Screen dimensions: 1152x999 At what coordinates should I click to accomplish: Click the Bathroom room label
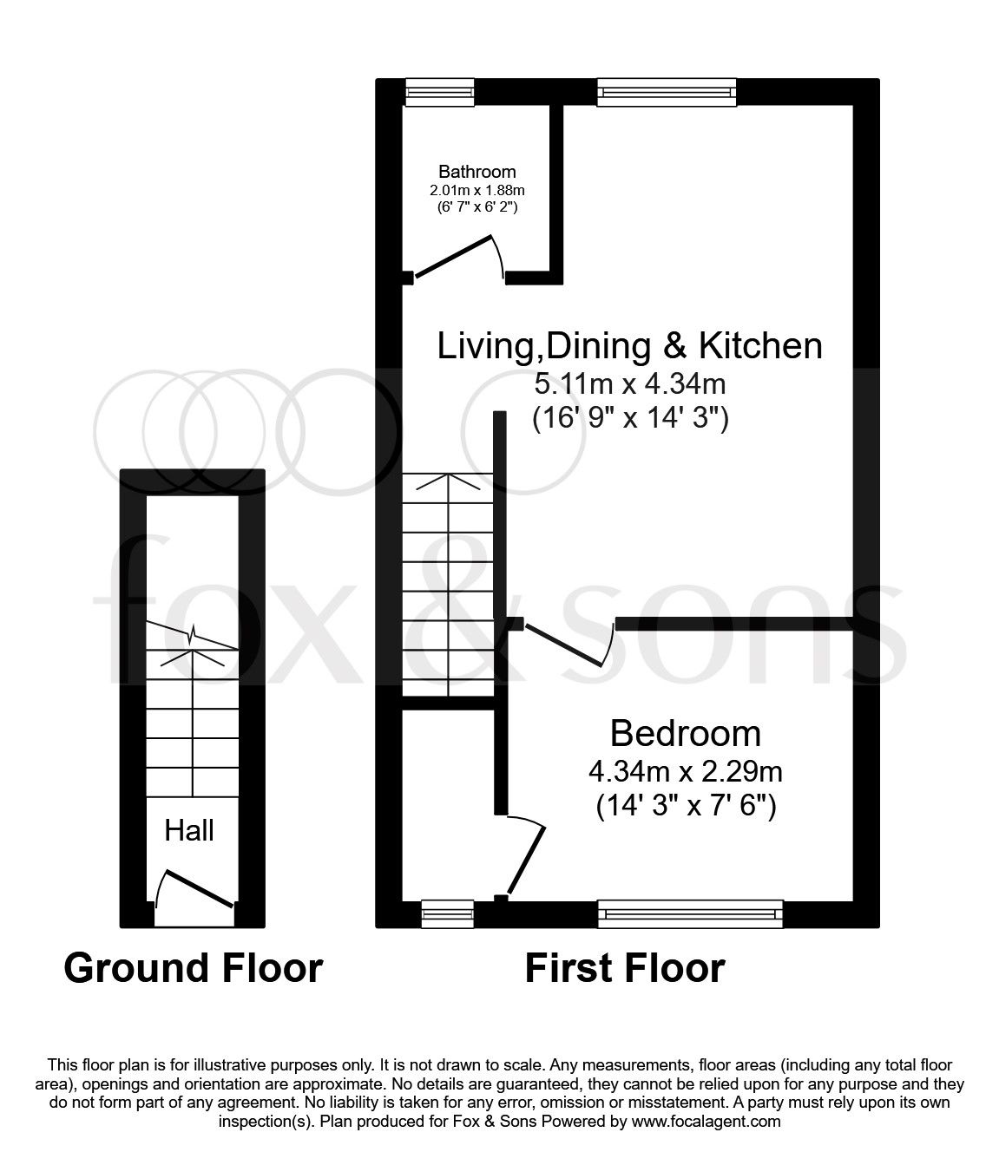click(x=476, y=172)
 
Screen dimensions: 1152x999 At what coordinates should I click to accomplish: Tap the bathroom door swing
click(x=460, y=257)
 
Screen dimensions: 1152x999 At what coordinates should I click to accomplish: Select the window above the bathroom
click(x=440, y=92)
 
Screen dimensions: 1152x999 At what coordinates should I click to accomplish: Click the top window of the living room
click(x=667, y=92)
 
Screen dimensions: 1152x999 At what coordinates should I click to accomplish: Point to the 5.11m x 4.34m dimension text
click(x=629, y=383)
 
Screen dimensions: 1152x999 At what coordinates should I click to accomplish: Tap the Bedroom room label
click(x=685, y=733)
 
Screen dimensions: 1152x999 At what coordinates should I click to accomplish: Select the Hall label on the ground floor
click(x=189, y=830)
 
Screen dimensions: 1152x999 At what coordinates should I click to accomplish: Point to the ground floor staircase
click(x=191, y=711)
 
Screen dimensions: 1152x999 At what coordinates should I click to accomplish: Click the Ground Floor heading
click(x=193, y=967)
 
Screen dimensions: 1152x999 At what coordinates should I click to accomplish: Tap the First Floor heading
click(x=624, y=967)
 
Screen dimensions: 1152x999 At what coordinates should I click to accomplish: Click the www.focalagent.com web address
click(x=706, y=1122)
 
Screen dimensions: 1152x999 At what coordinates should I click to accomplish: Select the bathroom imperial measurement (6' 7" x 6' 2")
click(x=476, y=206)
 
